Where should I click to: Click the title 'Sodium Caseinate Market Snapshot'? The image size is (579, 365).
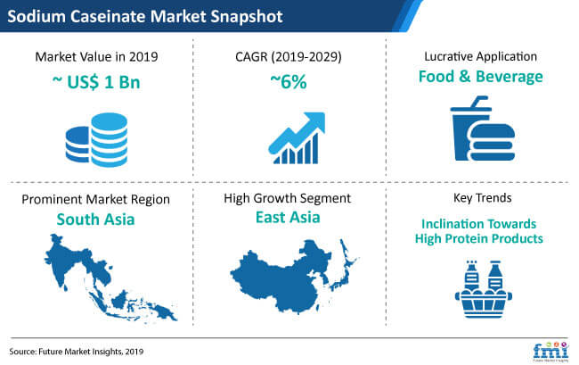145,17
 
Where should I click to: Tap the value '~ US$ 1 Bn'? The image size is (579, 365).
96,82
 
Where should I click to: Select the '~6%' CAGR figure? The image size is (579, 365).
289,82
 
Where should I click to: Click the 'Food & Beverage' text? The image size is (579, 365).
480,77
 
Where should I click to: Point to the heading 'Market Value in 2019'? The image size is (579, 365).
96,56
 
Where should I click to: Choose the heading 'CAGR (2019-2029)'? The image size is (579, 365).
289,56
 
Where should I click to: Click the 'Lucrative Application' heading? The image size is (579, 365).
480,56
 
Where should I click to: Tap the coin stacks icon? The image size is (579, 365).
97,140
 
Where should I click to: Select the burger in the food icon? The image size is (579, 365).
492,143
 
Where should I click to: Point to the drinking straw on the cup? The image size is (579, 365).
477,101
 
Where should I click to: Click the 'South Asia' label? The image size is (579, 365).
95,220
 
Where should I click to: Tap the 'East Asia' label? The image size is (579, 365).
288,217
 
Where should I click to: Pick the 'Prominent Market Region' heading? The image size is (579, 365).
95,199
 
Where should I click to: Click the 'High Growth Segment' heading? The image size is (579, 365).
288,198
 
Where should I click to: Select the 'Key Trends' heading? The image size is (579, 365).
482,198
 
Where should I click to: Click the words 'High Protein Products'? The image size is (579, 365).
479,238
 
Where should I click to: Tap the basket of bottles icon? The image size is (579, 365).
484,289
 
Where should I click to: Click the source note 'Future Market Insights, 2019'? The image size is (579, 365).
91,352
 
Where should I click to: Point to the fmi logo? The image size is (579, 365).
550,351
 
